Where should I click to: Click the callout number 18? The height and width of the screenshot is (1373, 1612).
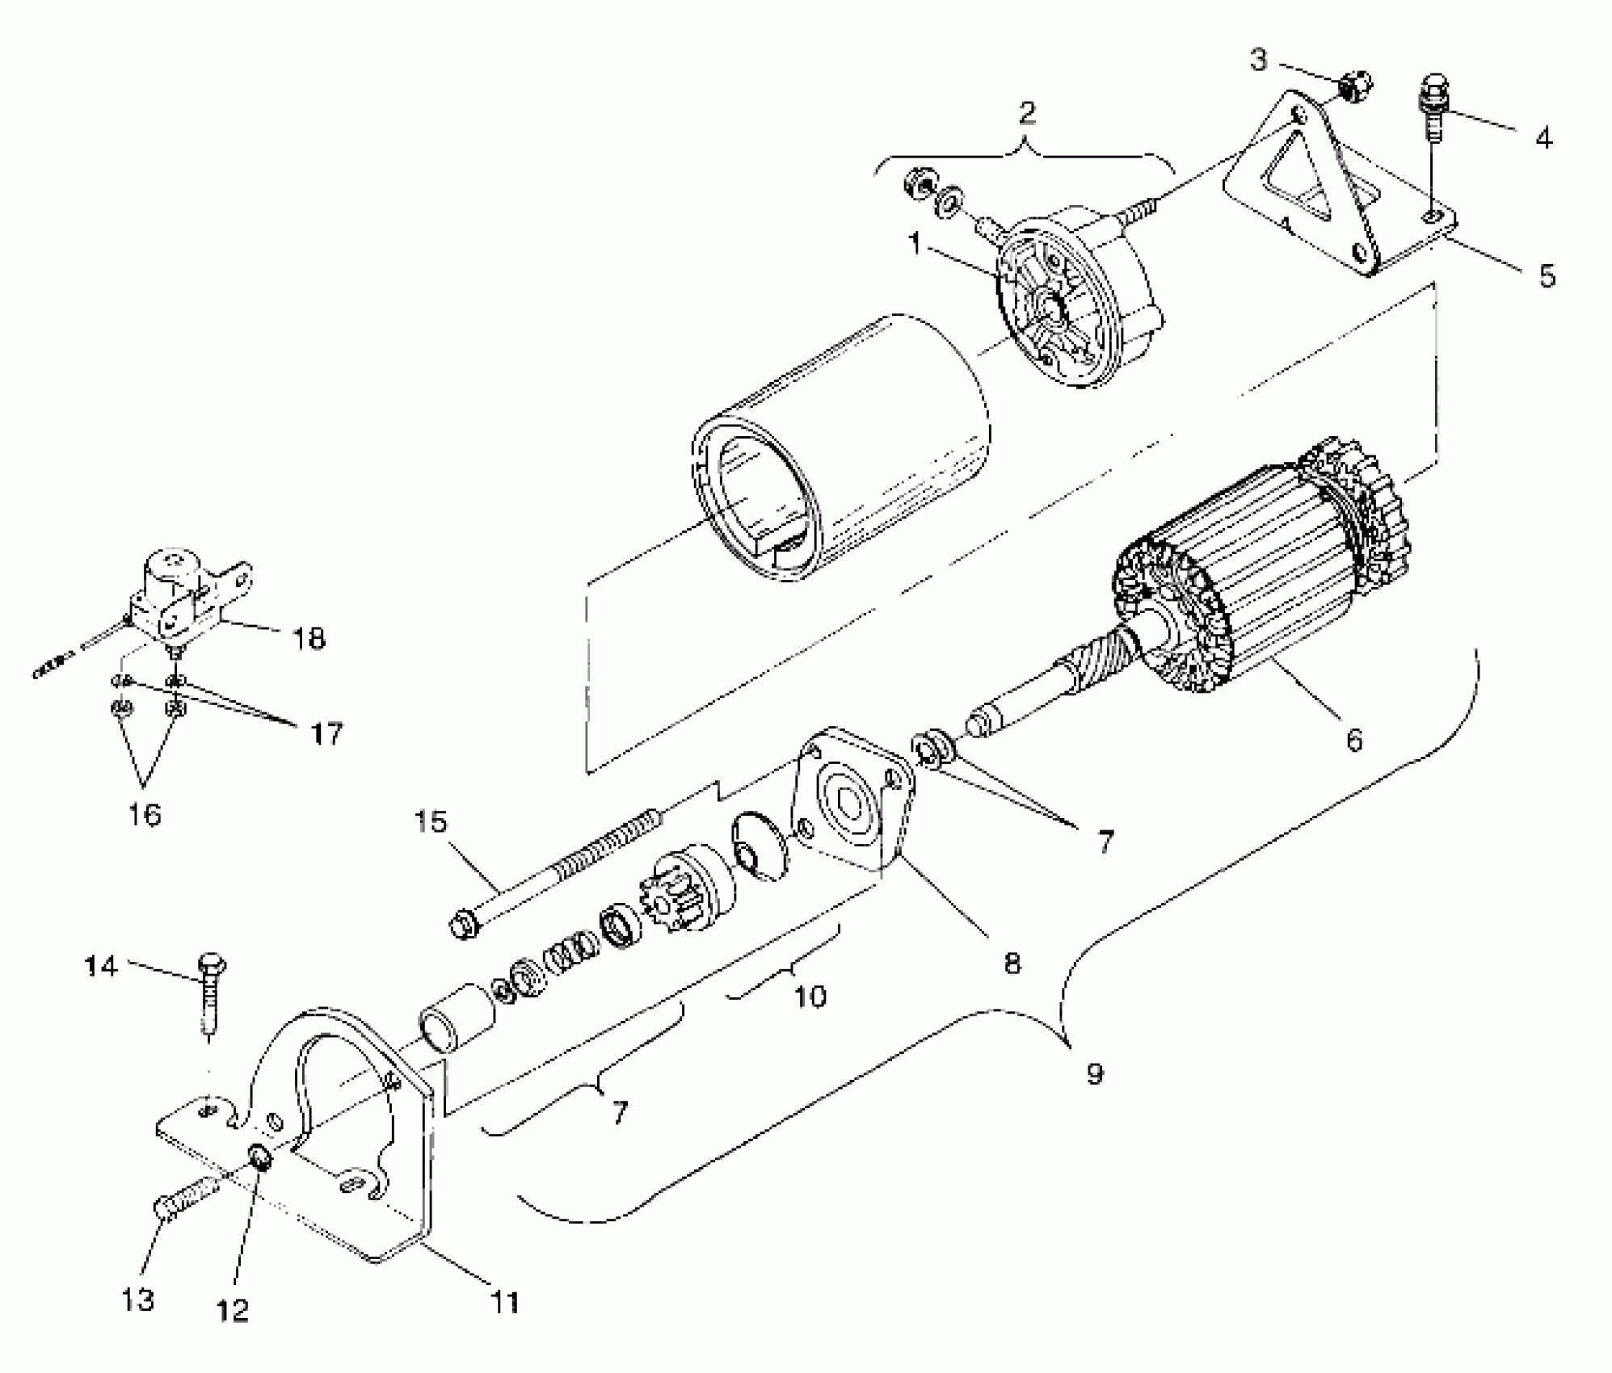click(x=309, y=639)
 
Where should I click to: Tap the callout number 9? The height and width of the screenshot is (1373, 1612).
click(x=1094, y=1073)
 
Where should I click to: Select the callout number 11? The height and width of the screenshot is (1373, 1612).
click(x=505, y=1302)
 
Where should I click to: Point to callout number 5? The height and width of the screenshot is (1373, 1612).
click(x=1546, y=276)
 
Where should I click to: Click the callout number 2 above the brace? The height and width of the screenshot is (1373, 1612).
click(x=1026, y=113)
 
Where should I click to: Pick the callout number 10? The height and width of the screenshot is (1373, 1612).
click(x=810, y=996)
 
